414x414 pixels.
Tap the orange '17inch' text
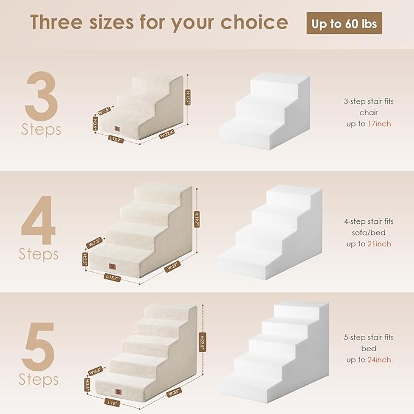point(379,124)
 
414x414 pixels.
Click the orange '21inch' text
point(379,244)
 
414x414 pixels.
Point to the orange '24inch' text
point(379,360)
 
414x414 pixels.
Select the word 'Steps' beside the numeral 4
point(39,253)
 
